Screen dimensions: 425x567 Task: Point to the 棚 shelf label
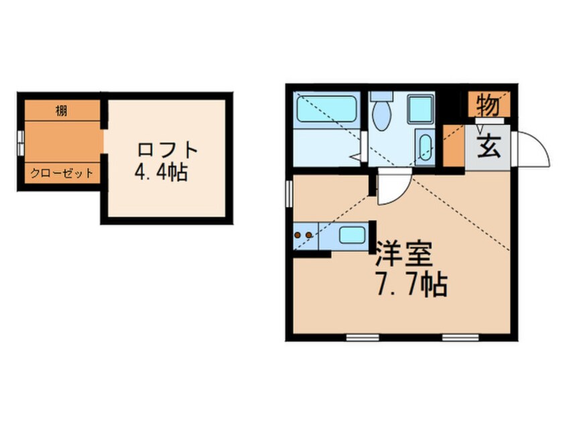(x=61, y=111)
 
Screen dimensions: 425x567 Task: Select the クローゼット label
(x=61, y=173)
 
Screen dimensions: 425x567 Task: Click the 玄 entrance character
(x=489, y=145)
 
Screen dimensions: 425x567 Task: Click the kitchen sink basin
(x=352, y=235)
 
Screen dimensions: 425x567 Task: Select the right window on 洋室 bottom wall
(x=460, y=337)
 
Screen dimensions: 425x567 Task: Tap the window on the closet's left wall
(x=21, y=141)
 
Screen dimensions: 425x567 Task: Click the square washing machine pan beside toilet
(x=422, y=109)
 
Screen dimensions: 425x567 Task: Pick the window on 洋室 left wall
(x=289, y=194)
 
